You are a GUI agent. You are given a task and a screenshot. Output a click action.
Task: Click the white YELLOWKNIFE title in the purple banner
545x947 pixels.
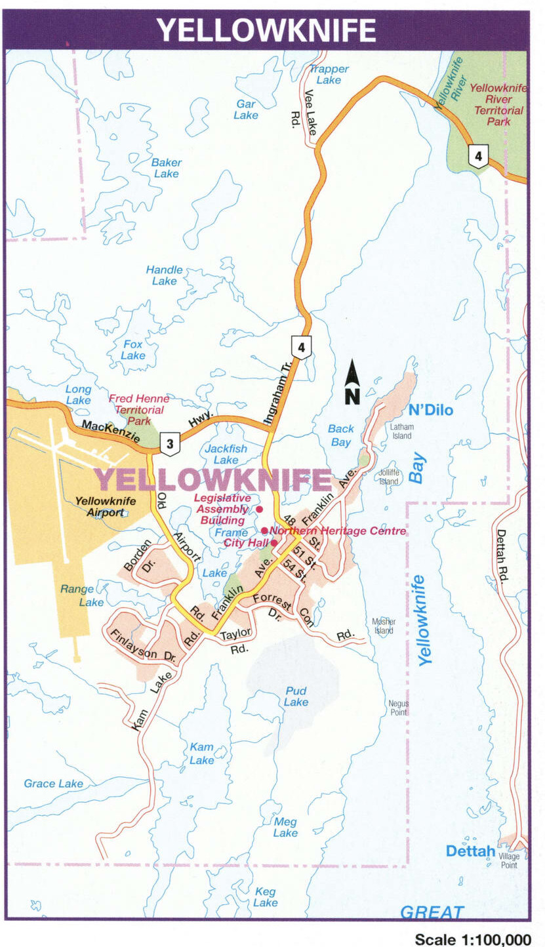[266, 30]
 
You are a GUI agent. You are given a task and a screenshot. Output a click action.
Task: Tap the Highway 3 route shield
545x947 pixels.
[170, 445]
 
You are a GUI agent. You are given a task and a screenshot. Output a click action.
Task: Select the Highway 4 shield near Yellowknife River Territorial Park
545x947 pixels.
[478, 157]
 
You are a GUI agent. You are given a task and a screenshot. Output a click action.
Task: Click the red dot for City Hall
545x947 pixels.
[273, 543]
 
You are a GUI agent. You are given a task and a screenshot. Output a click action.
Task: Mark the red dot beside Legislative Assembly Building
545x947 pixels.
[259, 509]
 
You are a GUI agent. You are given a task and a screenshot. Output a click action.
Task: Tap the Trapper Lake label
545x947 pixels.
[329, 74]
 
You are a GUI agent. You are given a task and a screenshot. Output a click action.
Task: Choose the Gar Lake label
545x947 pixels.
[246, 110]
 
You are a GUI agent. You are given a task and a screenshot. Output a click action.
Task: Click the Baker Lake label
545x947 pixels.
[166, 168]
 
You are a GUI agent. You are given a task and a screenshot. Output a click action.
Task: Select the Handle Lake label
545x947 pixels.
[164, 275]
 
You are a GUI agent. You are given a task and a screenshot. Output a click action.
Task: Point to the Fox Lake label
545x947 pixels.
[133, 350]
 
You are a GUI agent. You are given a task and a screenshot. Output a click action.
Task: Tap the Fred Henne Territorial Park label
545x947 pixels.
[138, 409]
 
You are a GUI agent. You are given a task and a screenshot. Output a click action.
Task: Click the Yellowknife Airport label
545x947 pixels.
[105, 507]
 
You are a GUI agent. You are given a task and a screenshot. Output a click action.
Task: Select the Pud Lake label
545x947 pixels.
[296, 696]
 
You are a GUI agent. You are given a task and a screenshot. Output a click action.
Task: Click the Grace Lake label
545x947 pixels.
[53, 783]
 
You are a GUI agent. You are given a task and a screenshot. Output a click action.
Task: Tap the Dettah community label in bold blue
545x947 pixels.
[470, 851]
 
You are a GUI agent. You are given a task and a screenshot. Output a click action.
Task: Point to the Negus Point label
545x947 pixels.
[397, 708]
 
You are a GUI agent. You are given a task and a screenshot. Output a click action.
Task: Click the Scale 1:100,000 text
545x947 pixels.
[473, 939]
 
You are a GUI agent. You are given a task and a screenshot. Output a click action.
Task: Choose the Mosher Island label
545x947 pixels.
[384, 626]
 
